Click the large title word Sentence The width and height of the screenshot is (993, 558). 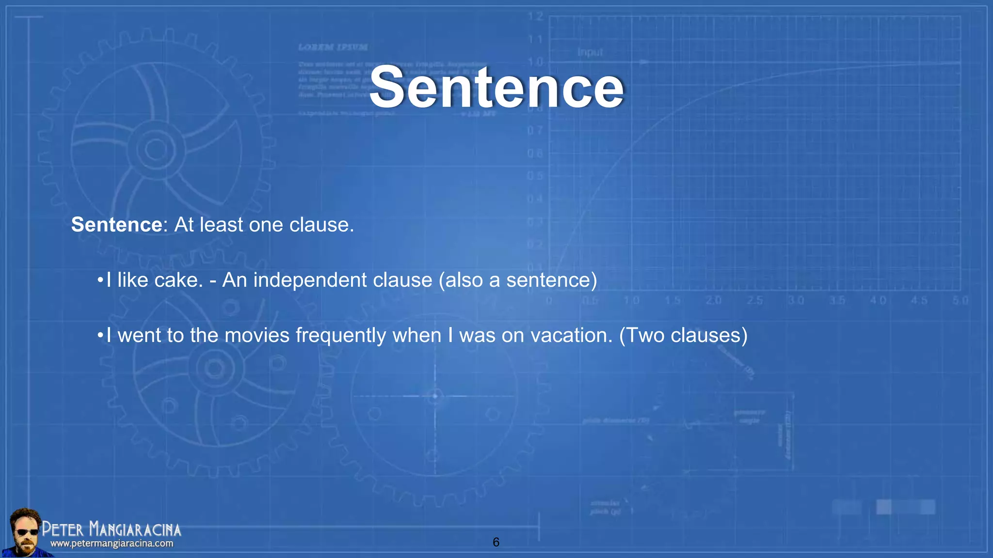[x=496, y=87]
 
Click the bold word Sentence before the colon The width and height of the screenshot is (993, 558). [x=116, y=225]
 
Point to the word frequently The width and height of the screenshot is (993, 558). [x=340, y=335]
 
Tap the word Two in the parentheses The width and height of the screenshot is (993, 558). [x=646, y=335]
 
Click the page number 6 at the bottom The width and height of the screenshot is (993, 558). [x=496, y=542]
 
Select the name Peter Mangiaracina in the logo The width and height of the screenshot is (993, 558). [x=112, y=529]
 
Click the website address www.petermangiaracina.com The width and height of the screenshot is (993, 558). [x=112, y=543]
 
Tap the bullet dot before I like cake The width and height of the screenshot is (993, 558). [x=99, y=280]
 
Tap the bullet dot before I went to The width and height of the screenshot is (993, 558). [x=99, y=336]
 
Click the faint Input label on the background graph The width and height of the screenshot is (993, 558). [x=590, y=52]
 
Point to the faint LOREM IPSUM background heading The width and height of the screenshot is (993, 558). [x=333, y=47]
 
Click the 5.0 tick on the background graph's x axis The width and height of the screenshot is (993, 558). [x=960, y=301]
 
